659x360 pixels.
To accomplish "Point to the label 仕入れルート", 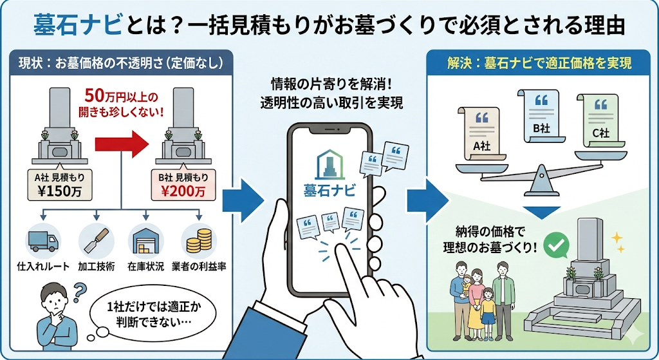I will [x=42, y=266].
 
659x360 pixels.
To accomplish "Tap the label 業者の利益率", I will [x=198, y=266].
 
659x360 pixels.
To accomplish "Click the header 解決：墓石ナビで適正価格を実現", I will [x=539, y=63].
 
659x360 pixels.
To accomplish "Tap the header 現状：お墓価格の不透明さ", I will [x=118, y=63].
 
